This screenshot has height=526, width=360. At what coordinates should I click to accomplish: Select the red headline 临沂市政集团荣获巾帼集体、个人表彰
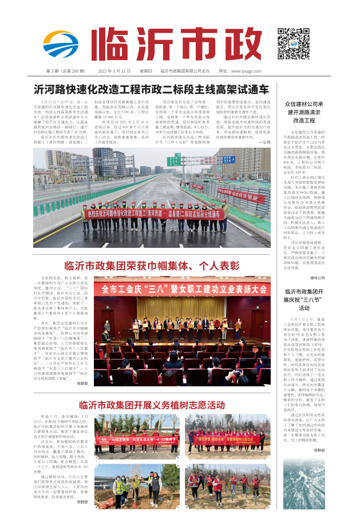click(152, 266)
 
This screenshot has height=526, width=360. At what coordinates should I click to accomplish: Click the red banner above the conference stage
click(181, 290)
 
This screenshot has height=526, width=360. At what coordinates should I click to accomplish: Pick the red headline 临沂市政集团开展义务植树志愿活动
click(152, 406)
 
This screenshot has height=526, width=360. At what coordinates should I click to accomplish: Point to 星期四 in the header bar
click(145, 71)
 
